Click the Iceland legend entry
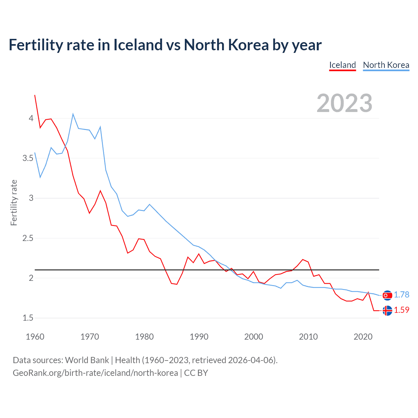(x=342, y=65)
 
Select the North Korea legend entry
(x=386, y=65)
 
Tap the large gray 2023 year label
(x=345, y=103)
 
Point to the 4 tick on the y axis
(x=31, y=118)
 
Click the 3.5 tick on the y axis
(x=28, y=158)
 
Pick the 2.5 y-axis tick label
(x=28, y=238)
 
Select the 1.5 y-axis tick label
(x=28, y=318)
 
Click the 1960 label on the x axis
(x=35, y=337)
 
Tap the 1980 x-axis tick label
(x=144, y=337)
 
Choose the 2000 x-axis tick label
(x=253, y=337)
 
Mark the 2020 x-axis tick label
(x=363, y=337)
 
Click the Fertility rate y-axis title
(x=14, y=202)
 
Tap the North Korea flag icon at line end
(x=387, y=295)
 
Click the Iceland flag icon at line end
(x=387, y=311)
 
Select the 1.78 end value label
(x=401, y=295)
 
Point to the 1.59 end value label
(x=401, y=310)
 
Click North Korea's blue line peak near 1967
(x=73, y=114)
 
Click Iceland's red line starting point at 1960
(x=35, y=95)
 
